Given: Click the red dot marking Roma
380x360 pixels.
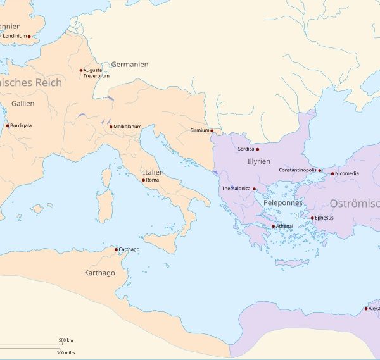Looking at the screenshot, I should click(144, 180).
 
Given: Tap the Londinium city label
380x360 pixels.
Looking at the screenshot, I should click(15, 37).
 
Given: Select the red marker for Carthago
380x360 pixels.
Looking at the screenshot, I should click(116, 249).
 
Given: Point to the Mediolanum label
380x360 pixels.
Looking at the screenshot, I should click(127, 127).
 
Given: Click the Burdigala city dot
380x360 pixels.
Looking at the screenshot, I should click(8, 125).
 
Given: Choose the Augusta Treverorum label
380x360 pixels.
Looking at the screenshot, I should click(96, 73).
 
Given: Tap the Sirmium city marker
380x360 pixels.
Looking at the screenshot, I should click(212, 131).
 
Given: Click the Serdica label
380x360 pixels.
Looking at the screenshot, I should click(246, 149).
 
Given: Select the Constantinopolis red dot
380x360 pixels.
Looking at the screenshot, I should click(320, 170).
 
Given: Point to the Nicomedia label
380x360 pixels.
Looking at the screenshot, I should click(347, 173).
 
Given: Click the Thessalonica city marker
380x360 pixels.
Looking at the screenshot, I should click(254, 189).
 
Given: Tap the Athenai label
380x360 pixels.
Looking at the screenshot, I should click(284, 226).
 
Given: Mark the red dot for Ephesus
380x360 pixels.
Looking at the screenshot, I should click(312, 218).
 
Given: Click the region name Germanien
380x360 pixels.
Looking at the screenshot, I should click(130, 65).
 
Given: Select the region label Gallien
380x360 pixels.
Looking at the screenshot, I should click(23, 103).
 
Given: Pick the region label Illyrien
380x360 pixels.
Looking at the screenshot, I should click(258, 162).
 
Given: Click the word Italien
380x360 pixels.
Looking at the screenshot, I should click(153, 172).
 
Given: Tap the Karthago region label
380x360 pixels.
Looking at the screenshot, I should click(99, 273).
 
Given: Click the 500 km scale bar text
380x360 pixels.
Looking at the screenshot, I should click(66, 340).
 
